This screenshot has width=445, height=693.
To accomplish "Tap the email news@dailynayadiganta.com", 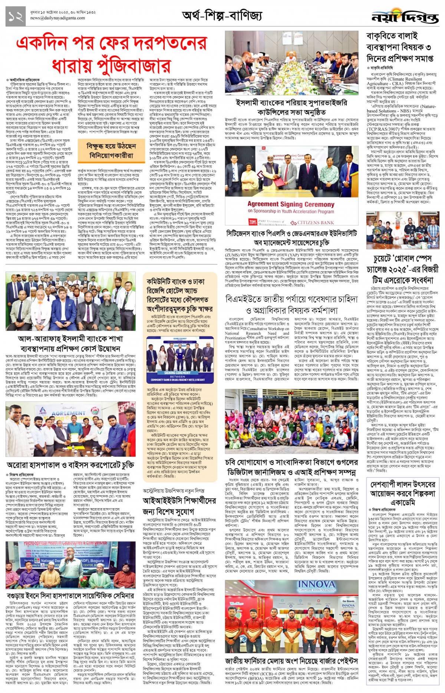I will (x=57, y=18).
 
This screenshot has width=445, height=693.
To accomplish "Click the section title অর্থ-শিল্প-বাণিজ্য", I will (x=222, y=16).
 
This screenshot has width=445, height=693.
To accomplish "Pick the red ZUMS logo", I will (x=253, y=222).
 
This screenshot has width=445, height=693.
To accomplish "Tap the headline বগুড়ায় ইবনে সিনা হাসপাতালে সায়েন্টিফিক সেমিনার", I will (x=70, y=596).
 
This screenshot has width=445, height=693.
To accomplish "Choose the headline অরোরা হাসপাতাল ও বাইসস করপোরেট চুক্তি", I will (x=70, y=465).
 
